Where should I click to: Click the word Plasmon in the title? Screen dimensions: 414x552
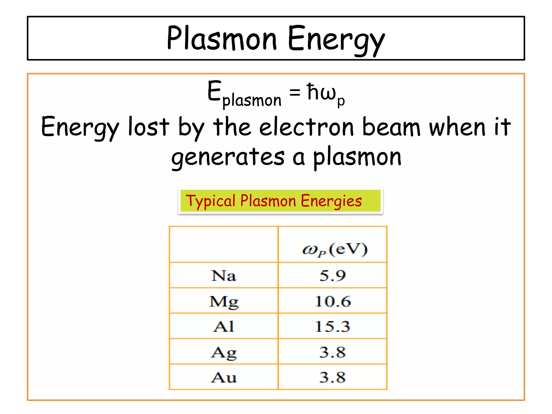(222, 38)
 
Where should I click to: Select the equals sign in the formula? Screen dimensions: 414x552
(295, 92)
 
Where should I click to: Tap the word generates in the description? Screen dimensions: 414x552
(228, 158)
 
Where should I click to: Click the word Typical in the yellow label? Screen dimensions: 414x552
(211, 201)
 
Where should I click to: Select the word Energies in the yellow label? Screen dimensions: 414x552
(331, 201)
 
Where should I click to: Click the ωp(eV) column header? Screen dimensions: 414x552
(334, 249)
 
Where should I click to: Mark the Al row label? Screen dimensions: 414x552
(224, 327)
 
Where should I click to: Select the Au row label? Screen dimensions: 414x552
(224, 378)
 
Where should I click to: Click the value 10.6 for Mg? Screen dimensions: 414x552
(333, 301)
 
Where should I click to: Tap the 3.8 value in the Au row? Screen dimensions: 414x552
(332, 378)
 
